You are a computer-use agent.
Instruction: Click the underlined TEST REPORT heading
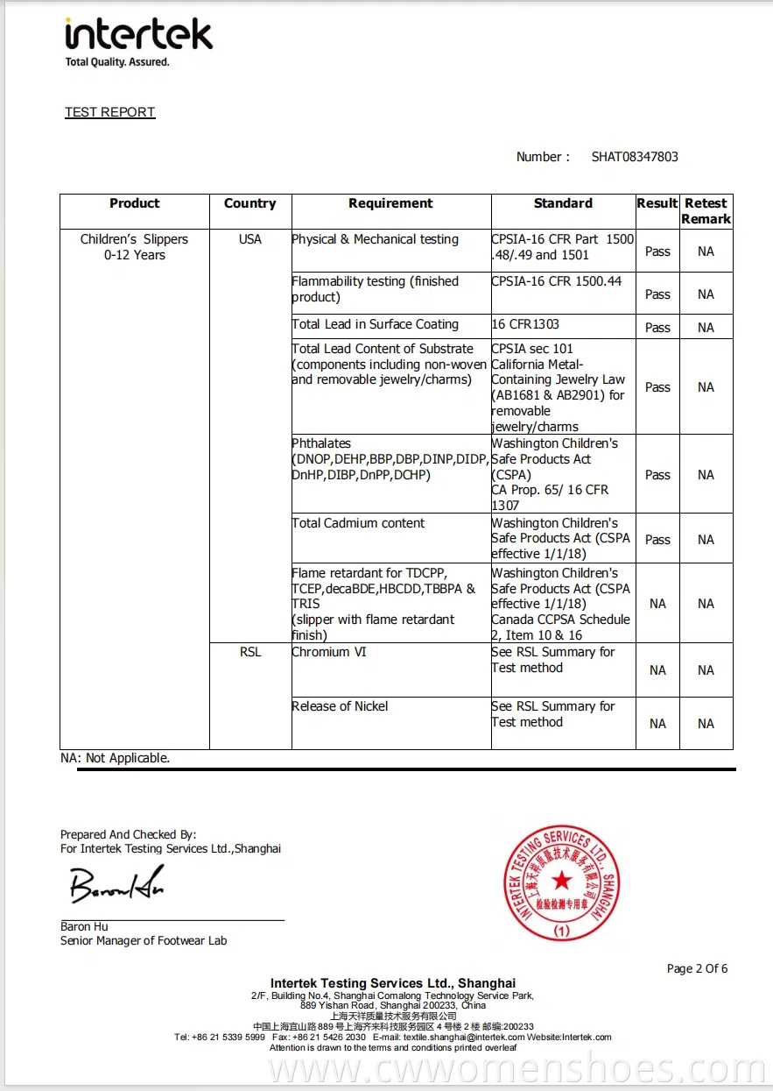click(109, 112)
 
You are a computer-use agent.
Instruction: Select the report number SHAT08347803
click(635, 157)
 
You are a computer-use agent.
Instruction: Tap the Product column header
click(135, 203)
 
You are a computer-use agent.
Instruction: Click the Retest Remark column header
click(706, 211)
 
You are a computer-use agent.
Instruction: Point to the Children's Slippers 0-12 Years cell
click(135, 247)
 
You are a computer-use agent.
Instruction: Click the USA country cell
click(250, 239)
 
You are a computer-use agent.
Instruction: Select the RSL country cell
click(250, 652)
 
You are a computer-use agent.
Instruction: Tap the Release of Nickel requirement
click(340, 706)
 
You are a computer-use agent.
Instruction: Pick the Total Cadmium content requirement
click(358, 523)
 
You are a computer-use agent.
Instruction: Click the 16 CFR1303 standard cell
click(525, 324)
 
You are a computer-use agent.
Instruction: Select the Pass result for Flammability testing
click(657, 294)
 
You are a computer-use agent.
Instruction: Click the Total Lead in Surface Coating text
click(375, 324)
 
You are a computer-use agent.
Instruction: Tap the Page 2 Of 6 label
click(697, 968)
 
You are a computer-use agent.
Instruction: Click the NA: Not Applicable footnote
click(115, 758)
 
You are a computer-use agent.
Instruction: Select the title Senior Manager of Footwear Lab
click(144, 940)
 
